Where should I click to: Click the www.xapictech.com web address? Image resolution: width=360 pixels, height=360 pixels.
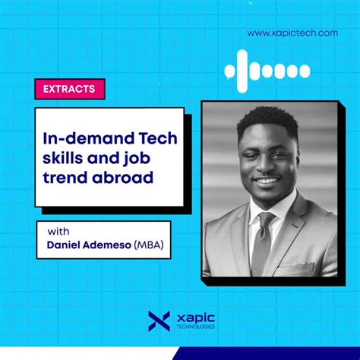click(292, 33)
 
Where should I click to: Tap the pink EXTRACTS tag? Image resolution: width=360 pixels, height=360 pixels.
click(69, 89)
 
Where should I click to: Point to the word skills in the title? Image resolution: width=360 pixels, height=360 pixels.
click(68, 158)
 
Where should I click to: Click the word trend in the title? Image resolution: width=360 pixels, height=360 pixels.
click(71, 178)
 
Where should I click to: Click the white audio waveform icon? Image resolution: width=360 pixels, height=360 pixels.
click(267, 71)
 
